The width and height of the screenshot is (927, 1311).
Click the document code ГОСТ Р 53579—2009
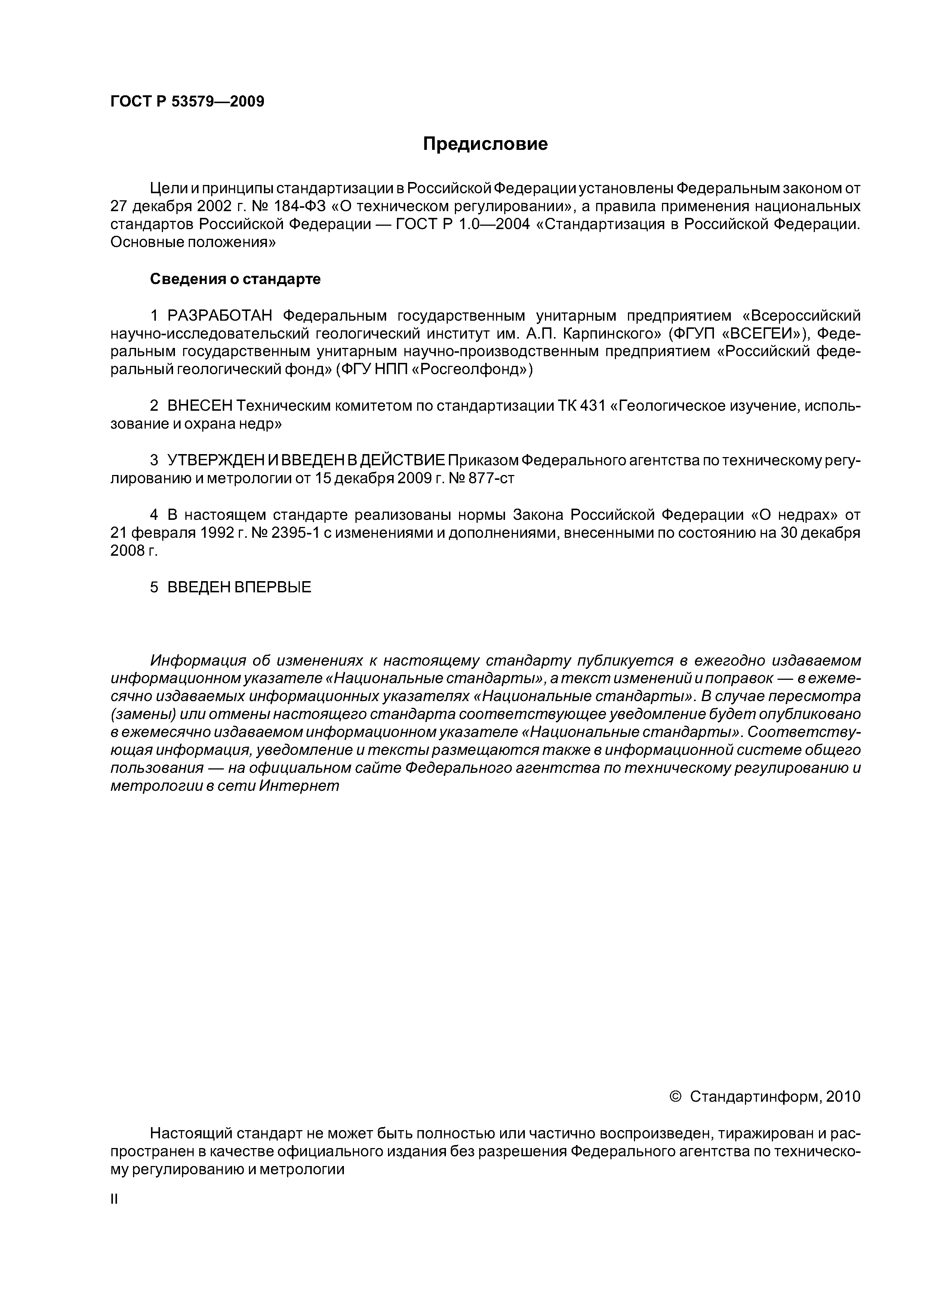coord(187,102)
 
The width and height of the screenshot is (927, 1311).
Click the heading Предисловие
coord(485,144)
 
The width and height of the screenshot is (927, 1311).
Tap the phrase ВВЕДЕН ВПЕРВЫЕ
coord(239,587)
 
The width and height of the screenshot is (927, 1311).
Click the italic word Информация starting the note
coord(198,661)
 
